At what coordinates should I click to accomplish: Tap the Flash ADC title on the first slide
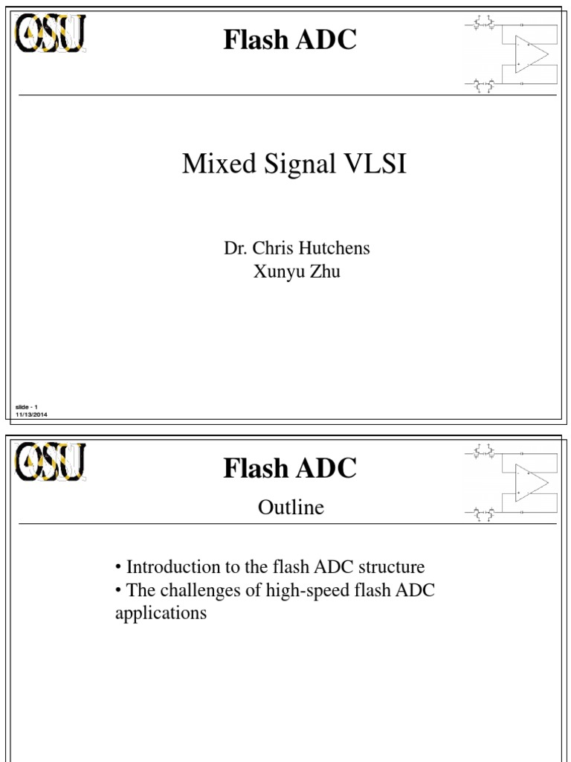pos(290,40)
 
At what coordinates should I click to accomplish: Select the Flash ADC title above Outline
pos(290,468)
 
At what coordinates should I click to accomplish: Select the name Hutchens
pos(336,249)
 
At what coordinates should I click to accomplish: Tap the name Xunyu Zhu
pos(297,272)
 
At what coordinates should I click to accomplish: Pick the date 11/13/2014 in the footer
pos(31,414)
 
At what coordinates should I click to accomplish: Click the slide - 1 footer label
pos(26,406)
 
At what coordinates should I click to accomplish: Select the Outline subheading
pos(291,508)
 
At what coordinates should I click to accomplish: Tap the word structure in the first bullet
pos(392,567)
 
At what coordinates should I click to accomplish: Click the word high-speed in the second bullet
pos(296,592)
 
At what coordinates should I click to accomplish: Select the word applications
pos(161,615)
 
